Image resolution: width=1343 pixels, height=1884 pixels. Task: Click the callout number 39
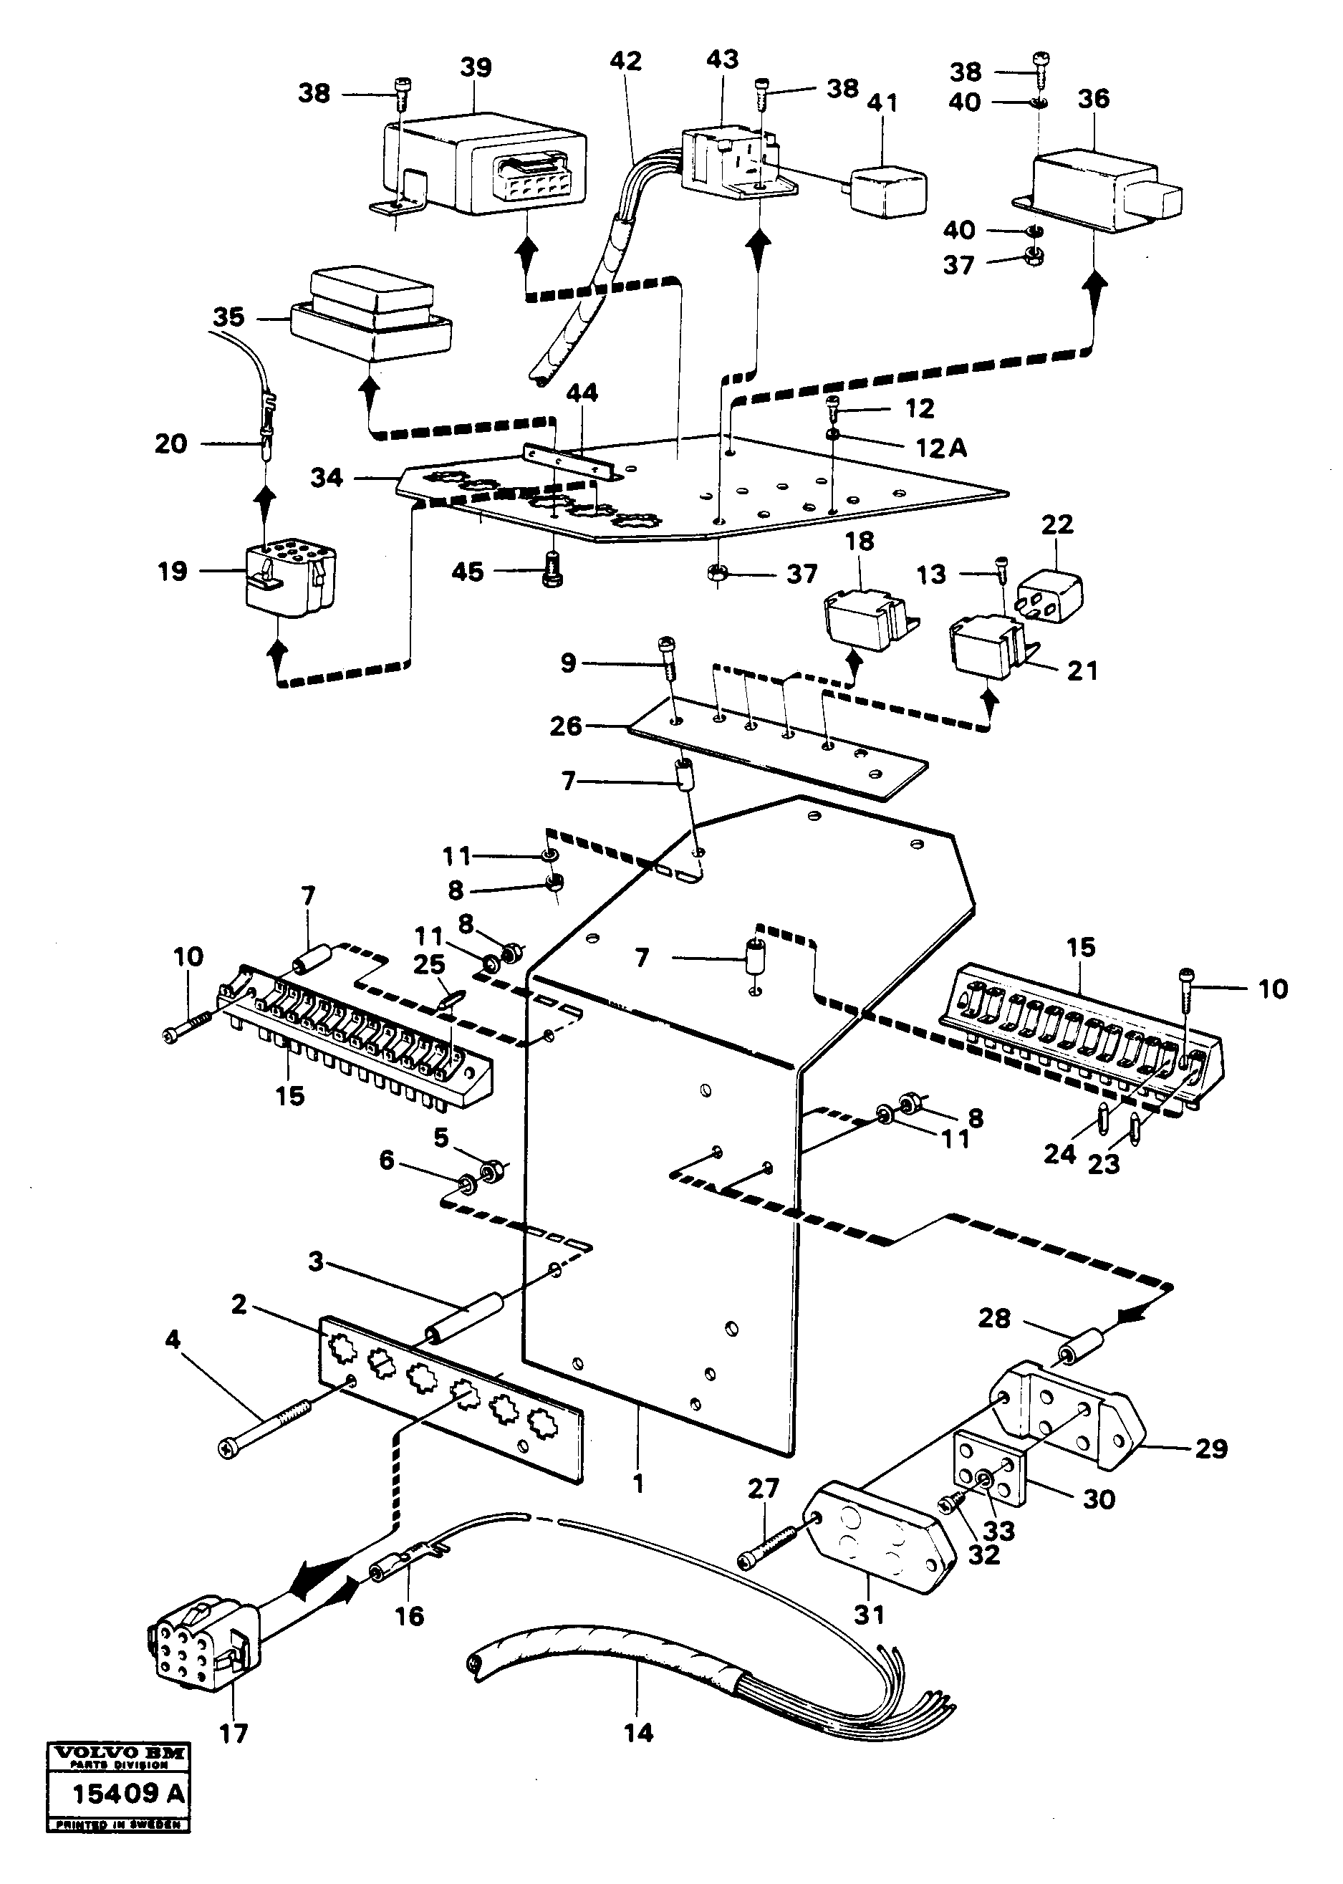pyautogui.click(x=476, y=67)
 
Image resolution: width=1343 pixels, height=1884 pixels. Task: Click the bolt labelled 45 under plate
pyautogui.click(x=552, y=573)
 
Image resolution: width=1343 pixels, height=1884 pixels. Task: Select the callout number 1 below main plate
pyautogui.click(x=637, y=1484)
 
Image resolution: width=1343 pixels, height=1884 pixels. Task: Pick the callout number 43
pyautogui.click(x=722, y=59)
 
